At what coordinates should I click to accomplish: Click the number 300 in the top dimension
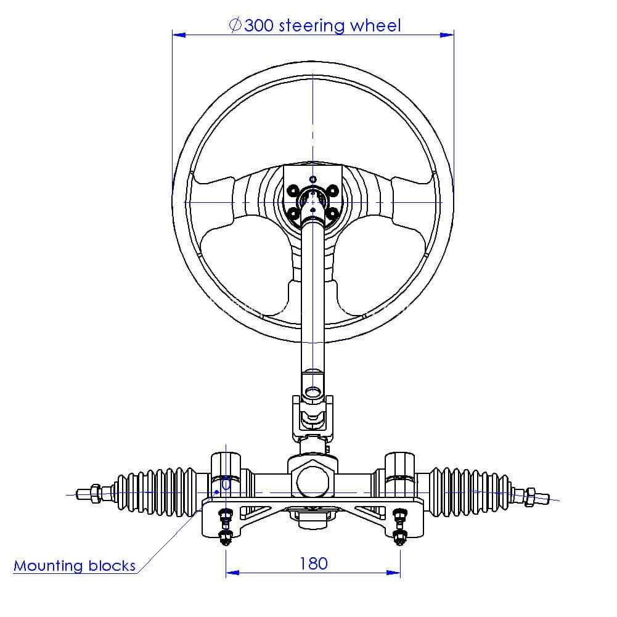point(259,25)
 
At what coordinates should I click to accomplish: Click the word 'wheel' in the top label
point(375,25)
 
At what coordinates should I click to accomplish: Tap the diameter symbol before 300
point(235,25)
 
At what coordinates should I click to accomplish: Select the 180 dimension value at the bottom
point(314,563)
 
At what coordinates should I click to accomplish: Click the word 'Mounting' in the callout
point(49,566)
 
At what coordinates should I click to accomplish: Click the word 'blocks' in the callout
point(112,565)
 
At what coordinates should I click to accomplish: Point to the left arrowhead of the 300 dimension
point(179,35)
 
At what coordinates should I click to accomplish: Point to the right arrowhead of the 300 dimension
point(447,35)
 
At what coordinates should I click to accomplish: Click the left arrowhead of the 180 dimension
point(232,573)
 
